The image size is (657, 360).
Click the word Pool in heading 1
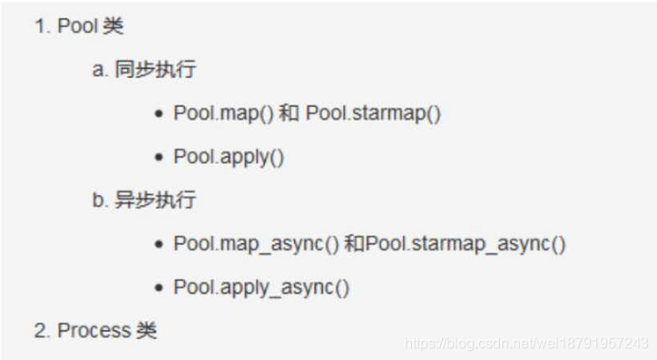76,25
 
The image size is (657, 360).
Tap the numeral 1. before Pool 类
42,25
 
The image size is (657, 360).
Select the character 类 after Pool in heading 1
112,25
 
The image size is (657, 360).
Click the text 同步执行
154,69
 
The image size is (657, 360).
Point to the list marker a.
99,70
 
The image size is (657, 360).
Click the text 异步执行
154,199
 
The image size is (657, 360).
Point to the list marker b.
99,200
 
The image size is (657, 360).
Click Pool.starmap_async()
466,244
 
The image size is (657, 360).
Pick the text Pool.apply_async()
261,287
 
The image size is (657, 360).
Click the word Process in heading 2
94,330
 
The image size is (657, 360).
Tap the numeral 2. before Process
42,330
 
